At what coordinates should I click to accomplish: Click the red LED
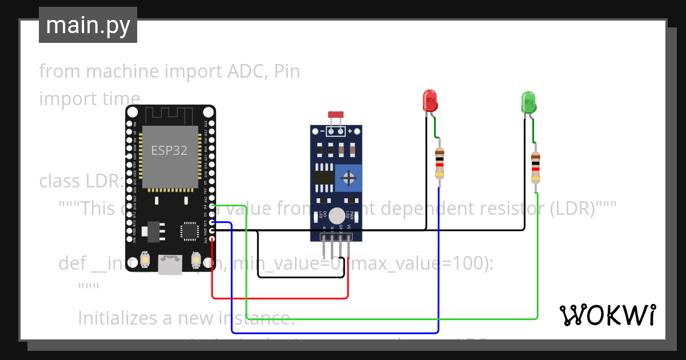click(430, 101)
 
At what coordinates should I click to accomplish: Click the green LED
click(528, 102)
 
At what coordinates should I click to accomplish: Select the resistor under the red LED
click(439, 163)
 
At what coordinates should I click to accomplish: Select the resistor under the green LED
click(536, 167)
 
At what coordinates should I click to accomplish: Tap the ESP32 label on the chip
click(169, 151)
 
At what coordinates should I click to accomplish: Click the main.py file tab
click(88, 25)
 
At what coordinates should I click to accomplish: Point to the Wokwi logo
click(607, 315)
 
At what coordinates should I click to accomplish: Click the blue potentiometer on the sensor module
click(348, 178)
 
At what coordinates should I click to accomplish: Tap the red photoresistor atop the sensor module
click(336, 115)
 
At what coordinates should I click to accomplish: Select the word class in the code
click(61, 181)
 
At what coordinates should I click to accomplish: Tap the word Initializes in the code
click(123, 317)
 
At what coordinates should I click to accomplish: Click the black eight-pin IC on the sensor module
click(324, 177)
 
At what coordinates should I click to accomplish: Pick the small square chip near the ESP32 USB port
click(189, 230)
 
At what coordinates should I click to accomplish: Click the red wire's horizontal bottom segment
click(280, 298)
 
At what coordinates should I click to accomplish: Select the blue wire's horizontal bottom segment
click(334, 332)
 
